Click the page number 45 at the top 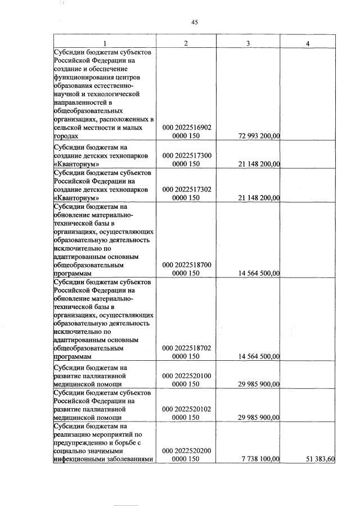tap(195, 23)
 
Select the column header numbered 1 tap(105, 43)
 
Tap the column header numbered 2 tap(186, 43)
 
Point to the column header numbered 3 tap(248, 43)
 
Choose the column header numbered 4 tap(307, 43)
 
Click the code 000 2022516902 tap(187, 127)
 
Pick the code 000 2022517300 tap(187, 155)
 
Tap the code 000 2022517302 tap(187, 190)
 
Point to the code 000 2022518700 tap(187, 264)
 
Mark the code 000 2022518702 tap(187, 347)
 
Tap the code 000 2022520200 tap(187, 451)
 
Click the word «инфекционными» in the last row tap(79, 460)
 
